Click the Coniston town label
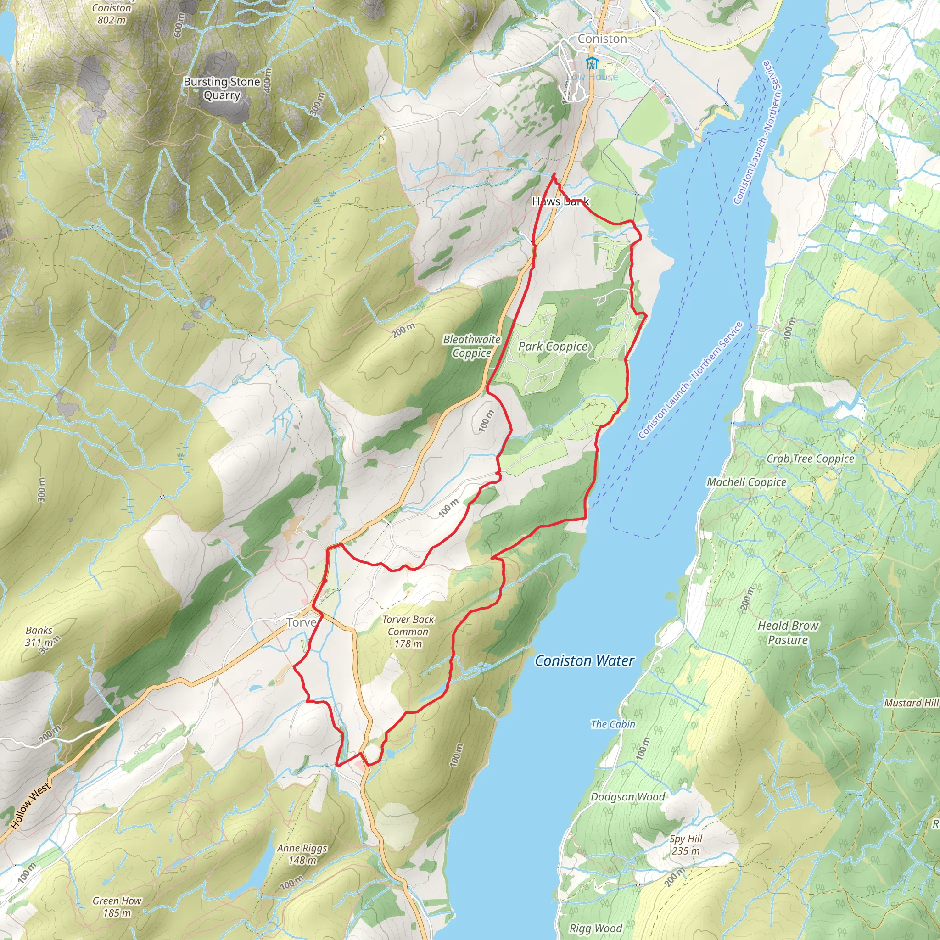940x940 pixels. (x=602, y=39)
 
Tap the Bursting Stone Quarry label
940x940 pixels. (x=222, y=88)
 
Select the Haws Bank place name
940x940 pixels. (x=560, y=201)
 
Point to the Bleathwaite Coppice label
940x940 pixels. (x=471, y=346)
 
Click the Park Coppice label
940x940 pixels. (x=553, y=346)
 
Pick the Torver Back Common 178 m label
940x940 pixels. (x=408, y=631)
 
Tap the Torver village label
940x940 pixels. (x=302, y=622)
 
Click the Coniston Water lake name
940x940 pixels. (x=584, y=661)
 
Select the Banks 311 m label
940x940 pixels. (x=39, y=636)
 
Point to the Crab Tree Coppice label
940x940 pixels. (x=810, y=459)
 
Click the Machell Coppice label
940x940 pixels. (x=746, y=482)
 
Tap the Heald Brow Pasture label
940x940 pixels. (x=788, y=632)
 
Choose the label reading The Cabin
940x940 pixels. (x=613, y=724)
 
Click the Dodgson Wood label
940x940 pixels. (x=627, y=797)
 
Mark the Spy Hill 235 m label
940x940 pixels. (x=686, y=845)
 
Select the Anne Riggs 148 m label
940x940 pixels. (x=302, y=854)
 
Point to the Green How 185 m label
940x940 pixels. (x=117, y=906)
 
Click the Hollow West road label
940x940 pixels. (x=30, y=806)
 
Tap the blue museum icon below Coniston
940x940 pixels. (x=592, y=63)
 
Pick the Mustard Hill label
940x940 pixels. (x=911, y=703)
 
